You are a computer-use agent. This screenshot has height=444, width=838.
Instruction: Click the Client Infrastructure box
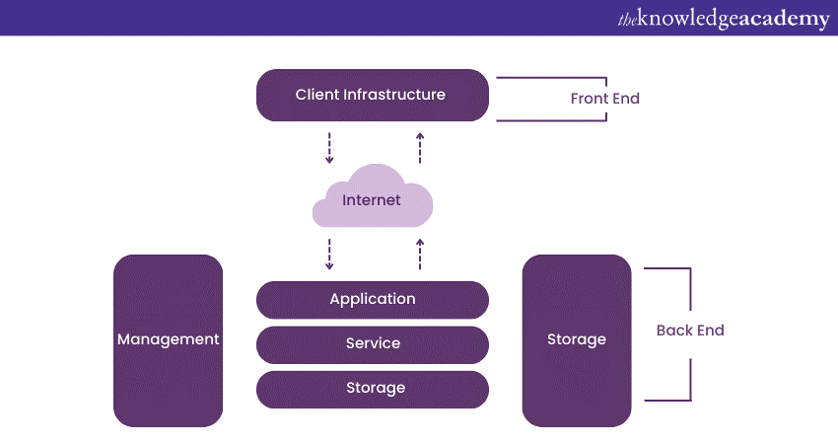coord(373,96)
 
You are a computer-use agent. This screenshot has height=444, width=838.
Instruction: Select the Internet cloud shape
coord(372,201)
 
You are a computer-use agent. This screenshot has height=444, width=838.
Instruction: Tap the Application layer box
coord(373,299)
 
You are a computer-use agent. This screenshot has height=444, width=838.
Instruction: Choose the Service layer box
coord(373,344)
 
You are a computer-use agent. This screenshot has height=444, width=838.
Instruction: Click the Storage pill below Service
coord(373,389)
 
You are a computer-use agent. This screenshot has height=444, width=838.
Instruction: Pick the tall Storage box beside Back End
coord(577,340)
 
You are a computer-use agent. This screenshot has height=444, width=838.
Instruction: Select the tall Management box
coord(169,340)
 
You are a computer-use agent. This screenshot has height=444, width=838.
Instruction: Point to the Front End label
coord(604,99)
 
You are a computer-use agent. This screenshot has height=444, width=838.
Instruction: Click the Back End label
coord(690,331)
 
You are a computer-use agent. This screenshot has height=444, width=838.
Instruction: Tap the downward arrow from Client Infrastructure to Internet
coord(329,147)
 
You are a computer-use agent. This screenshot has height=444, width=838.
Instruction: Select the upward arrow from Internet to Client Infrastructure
coord(420,147)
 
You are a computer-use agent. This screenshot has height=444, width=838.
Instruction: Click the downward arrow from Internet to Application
coord(329,254)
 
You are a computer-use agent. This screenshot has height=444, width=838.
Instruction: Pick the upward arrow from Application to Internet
coord(420,254)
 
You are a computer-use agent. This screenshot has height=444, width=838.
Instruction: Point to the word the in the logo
coord(628,19)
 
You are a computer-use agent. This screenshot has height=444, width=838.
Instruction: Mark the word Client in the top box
coord(317,96)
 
